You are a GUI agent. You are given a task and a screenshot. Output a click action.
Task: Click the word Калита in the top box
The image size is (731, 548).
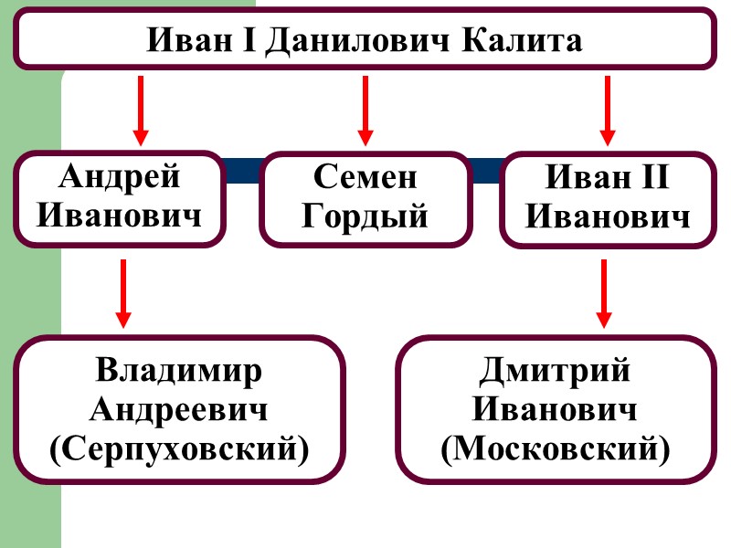(x=527, y=41)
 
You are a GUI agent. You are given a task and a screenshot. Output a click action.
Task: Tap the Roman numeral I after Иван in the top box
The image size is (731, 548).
(x=244, y=41)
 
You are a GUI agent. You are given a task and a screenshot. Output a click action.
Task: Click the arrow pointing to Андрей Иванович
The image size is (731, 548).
(x=140, y=111)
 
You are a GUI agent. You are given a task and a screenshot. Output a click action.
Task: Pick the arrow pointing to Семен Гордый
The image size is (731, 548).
(x=365, y=111)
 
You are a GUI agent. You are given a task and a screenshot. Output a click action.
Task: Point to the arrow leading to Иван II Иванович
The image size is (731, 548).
(x=606, y=111)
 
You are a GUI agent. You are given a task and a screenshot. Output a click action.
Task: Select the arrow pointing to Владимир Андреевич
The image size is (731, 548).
(x=122, y=293)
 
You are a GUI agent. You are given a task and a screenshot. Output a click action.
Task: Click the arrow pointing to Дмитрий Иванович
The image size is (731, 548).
(x=603, y=293)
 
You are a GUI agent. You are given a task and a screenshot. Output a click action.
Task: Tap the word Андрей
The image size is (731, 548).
(x=121, y=177)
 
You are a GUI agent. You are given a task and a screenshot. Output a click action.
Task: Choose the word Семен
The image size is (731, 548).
(x=365, y=177)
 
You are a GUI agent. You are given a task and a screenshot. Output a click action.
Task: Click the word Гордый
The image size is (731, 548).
(x=365, y=218)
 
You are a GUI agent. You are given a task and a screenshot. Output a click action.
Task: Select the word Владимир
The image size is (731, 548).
(x=179, y=372)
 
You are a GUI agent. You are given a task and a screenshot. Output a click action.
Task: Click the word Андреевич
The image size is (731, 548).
(x=179, y=410)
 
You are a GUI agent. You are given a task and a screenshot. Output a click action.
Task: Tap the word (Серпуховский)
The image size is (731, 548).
(x=179, y=448)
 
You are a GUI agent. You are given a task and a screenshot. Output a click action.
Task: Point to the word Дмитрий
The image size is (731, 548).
(x=555, y=372)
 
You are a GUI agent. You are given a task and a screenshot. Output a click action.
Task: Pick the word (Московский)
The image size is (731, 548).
(x=555, y=448)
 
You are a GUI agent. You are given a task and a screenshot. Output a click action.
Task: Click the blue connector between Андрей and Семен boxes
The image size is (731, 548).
(x=242, y=171)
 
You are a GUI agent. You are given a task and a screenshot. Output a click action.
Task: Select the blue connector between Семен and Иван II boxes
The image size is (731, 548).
(x=485, y=171)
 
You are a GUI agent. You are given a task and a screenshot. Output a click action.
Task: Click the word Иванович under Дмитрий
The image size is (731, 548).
(x=555, y=410)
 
